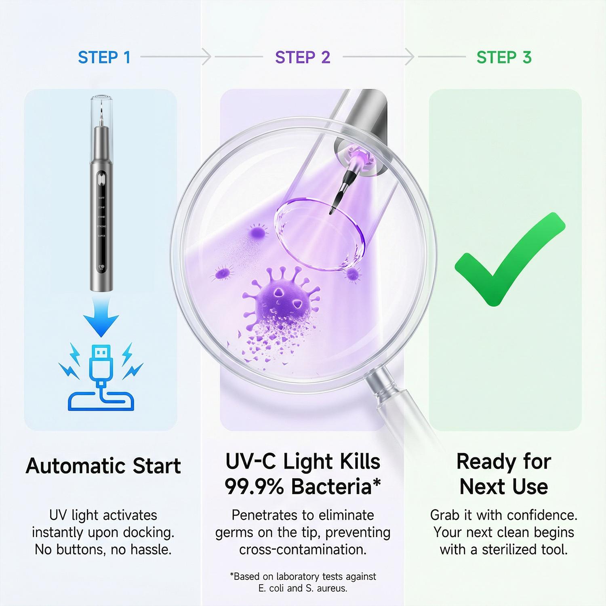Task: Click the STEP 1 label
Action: (x=104, y=57)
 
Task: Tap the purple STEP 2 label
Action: (x=303, y=57)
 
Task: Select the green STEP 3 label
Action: (x=504, y=57)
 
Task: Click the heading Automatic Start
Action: (x=103, y=466)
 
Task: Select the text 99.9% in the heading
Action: (x=255, y=486)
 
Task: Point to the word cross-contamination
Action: (x=303, y=549)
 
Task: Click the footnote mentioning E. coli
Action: (x=303, y=588)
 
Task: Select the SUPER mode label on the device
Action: (x=101, y=236)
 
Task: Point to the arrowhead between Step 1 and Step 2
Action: (x=206, y=57)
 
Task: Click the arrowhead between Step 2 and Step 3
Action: (x=410, y=57)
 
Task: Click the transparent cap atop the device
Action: (x=101, y=109)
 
